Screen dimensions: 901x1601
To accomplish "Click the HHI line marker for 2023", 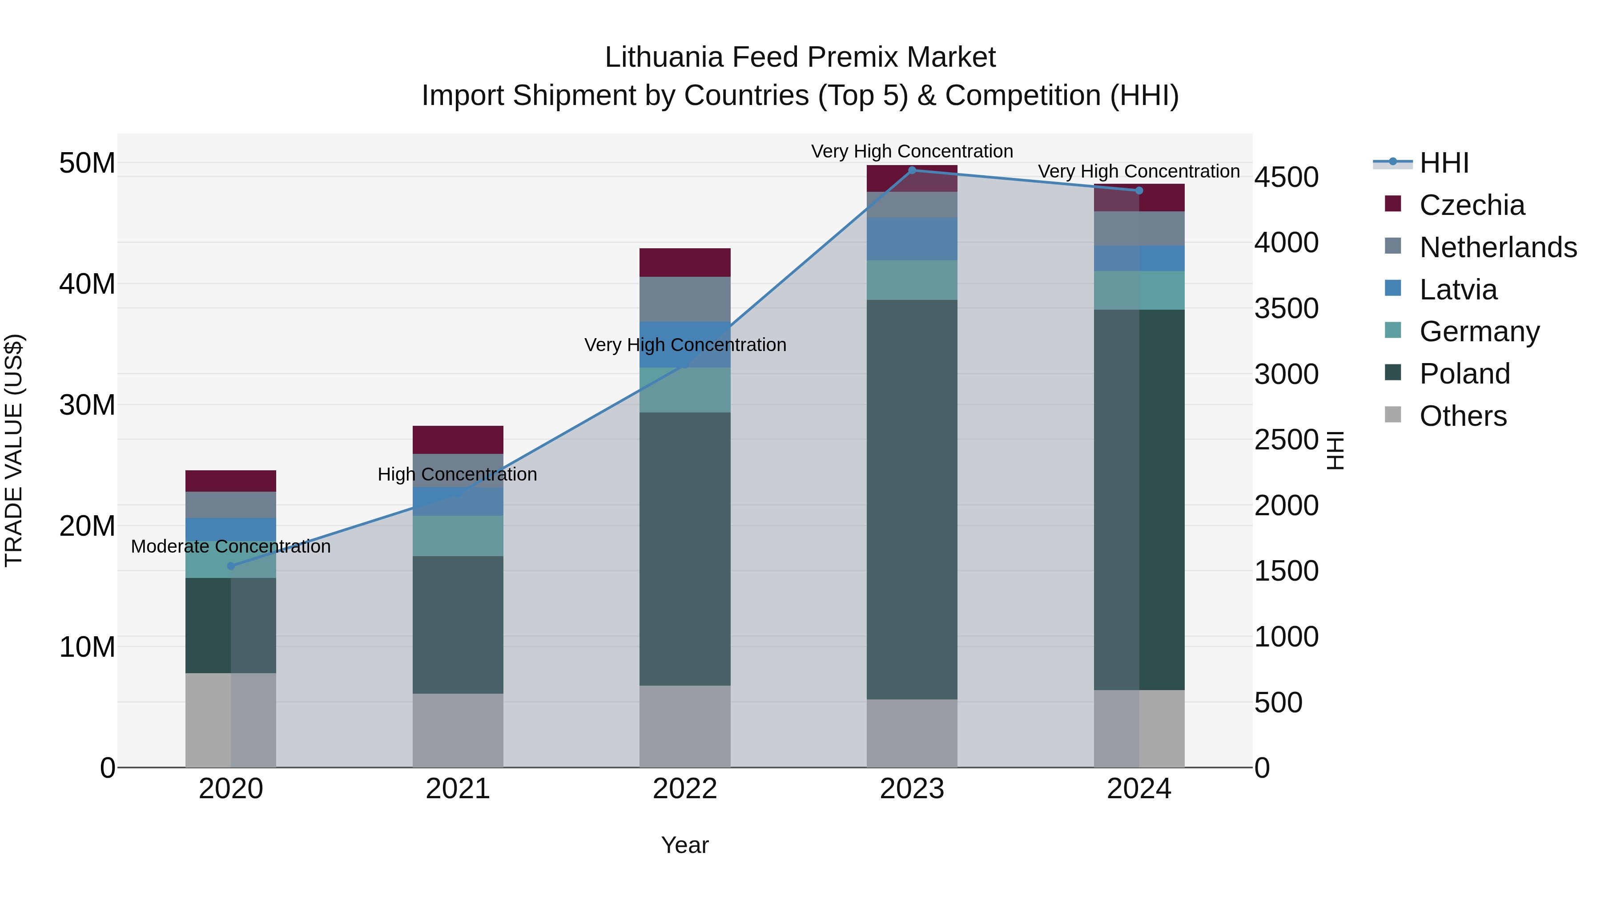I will click(912, 170).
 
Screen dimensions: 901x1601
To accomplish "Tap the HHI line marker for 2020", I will click(231, 566).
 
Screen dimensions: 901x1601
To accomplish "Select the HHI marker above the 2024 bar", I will click(1138, 190).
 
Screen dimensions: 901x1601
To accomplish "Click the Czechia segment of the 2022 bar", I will click(685, 263).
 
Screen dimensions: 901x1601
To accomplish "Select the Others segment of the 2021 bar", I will click(458, 730).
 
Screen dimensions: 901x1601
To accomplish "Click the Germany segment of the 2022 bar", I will click(685, 390).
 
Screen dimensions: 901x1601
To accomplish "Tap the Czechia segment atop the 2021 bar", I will click(458, 440).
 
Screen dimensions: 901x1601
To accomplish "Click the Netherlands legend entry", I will click(1498, 247).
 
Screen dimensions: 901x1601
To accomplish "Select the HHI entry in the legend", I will click(1444, 163).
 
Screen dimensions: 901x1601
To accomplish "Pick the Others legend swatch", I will click(1393, 415).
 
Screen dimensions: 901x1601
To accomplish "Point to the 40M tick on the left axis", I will click(87, 284).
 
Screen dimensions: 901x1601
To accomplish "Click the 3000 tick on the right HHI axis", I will click(1285, 374).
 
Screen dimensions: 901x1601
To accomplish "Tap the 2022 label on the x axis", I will click(685, 789).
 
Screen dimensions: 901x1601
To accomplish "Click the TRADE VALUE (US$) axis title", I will click(14, 450).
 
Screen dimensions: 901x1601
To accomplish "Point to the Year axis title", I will click(685, 845).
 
